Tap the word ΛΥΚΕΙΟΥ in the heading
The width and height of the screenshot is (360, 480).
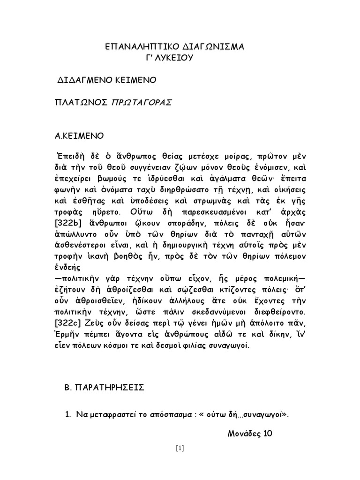pyautogui.click(x=175, y=58)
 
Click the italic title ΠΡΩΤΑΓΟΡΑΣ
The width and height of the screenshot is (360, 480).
pyautogui.click(x=141, y=103)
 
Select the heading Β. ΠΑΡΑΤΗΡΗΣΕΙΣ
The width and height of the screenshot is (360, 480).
pyautogui.click(x=104, y=388)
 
